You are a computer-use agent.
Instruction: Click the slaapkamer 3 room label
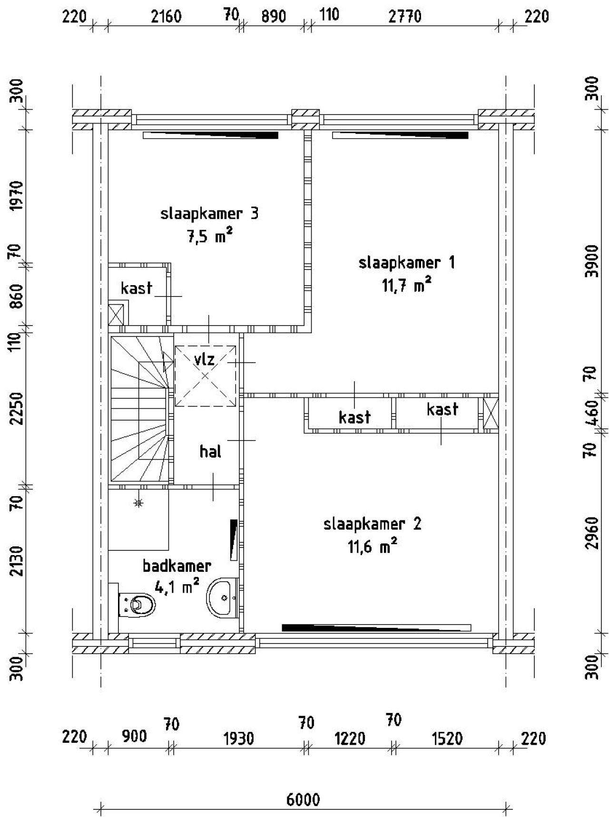click(209, 213)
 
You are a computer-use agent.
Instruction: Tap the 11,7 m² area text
click(407, 285)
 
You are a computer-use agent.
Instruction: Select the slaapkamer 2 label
click(373, 524)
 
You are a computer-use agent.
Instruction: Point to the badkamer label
click(177, 566)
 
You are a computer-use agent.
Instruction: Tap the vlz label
click(205, 359)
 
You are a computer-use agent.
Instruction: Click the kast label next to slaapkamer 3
click(137, 288)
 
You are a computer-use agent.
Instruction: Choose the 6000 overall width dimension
click(303, 800)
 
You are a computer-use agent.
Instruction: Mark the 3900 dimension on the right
click(592, 261)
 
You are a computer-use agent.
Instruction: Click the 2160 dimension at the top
click(166, 17)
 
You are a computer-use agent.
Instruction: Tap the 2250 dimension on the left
click(17, 409)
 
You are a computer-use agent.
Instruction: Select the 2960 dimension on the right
click(592, 533)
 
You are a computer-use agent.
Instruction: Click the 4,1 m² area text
click(177, 586)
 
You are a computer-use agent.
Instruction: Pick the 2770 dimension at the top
click(405, 17)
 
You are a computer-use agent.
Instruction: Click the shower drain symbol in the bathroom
click(138, 502)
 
